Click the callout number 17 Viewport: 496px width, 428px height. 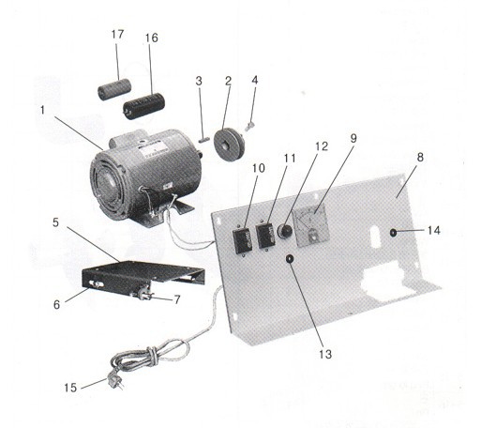click(117, 34)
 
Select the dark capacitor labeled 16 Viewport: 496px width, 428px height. click(144, 106)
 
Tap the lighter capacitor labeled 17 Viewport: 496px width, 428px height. click(113, 89)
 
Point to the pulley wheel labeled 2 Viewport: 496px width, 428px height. click(229, 142)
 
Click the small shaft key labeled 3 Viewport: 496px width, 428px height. click(203, 140)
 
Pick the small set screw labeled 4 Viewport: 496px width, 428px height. click(249, 128)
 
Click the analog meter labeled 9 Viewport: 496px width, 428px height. click(311, 227)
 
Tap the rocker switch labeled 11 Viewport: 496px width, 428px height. click(266, 236)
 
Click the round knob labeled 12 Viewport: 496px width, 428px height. click(284, 231)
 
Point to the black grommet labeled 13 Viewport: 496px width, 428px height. click(290, 259)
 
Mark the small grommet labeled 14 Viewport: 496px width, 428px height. click(393, 233)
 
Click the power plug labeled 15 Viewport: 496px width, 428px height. click(114, 380)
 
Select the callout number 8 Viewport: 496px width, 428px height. click(420, 157)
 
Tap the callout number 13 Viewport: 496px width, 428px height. click(325, 354)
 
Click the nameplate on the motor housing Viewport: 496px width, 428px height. click(152, 151)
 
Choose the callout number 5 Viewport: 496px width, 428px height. click(55, 222)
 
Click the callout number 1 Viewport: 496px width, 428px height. click(42, 110)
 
